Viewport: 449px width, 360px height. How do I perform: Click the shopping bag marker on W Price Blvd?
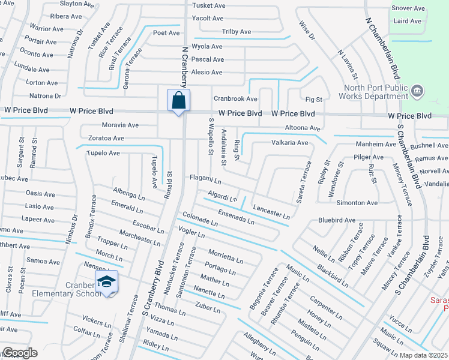click(179, 100)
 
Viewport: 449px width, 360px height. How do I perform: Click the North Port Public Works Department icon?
click(418, 91)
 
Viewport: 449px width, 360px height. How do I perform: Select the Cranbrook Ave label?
click(235, 98)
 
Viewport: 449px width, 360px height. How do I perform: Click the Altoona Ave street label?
click(303, 128)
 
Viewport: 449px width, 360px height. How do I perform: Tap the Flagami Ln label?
click(205, 180)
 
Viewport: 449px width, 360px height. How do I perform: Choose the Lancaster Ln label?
click(271, 211)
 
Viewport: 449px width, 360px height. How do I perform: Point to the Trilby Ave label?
click(237, 31)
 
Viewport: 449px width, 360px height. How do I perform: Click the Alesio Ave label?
click(206, 72)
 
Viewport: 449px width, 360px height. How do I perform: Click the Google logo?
click(19, 353)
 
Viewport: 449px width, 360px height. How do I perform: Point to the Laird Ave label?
click(408, 21)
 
